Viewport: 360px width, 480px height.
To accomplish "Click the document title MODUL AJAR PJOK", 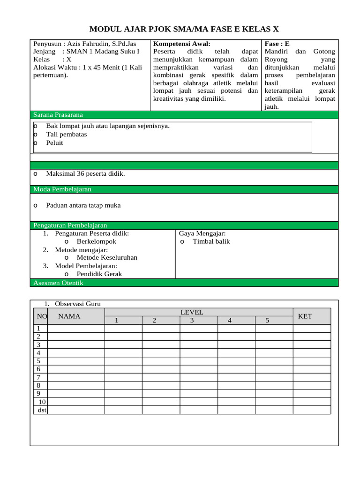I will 184,29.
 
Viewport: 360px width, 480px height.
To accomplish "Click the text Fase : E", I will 277,44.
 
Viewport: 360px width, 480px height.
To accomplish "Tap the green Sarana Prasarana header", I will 58,115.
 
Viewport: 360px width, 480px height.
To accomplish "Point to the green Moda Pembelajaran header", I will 62,189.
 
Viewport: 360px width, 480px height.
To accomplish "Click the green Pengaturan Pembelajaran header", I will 70,225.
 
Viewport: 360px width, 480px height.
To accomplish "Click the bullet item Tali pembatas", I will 66,135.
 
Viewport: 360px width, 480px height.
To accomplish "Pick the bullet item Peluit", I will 54,143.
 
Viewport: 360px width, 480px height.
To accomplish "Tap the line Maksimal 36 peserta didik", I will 85,174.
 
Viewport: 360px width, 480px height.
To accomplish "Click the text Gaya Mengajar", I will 202,233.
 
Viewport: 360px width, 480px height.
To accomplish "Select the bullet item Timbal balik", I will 211,242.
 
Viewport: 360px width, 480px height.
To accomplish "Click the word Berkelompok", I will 96,242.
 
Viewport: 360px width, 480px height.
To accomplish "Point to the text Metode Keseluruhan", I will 107,258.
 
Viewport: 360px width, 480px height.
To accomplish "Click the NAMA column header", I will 69,316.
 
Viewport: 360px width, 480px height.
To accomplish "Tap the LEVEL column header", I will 192,312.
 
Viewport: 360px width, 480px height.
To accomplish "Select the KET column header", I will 305,316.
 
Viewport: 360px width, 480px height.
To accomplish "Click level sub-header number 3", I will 192,321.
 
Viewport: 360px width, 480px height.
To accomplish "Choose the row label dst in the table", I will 42,410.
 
